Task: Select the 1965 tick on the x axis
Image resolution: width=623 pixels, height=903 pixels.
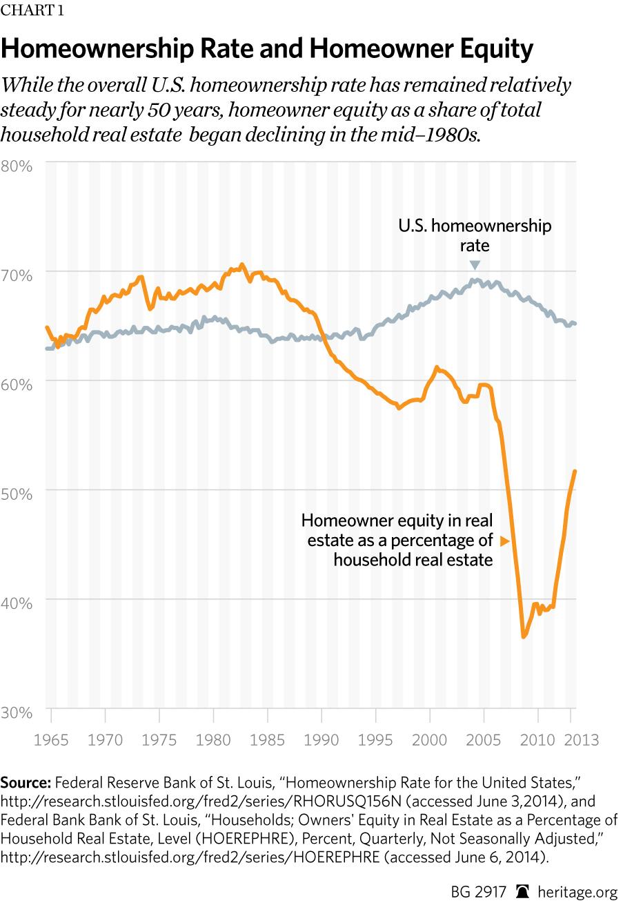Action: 52,740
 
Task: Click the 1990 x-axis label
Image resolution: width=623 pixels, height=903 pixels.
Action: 322,740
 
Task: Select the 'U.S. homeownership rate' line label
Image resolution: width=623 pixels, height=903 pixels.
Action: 475,235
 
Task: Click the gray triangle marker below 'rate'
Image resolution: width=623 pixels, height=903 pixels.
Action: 474,265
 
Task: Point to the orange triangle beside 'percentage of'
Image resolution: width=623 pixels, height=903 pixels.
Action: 505,541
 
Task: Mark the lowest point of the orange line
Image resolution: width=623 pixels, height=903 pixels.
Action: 524,637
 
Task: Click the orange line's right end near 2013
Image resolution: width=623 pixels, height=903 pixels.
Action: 575,472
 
